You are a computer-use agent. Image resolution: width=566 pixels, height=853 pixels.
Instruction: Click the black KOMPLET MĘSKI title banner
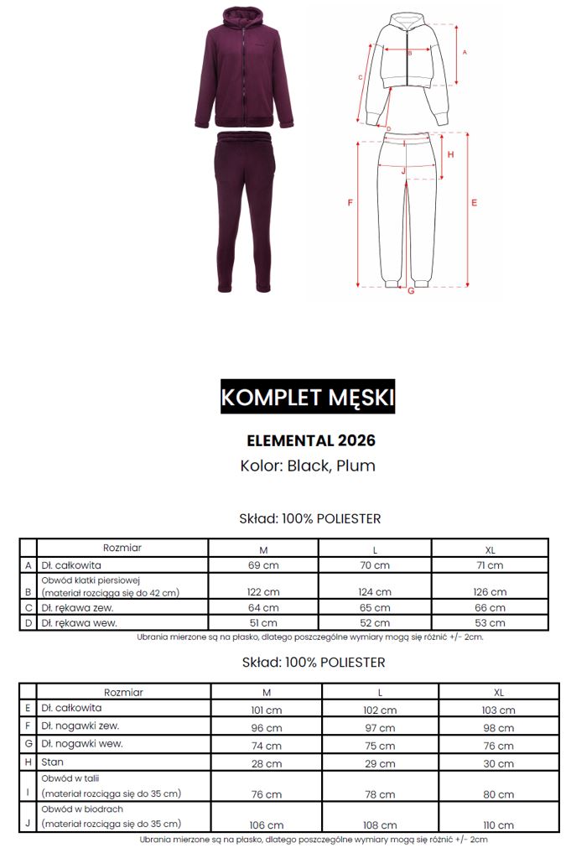(x=307, y=396)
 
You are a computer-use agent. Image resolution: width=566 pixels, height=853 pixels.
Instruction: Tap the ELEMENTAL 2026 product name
(x=311, y=440)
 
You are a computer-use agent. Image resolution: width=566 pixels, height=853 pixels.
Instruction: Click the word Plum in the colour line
(x=356, y=466)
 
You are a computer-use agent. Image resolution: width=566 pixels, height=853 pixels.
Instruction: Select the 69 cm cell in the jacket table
(x=263, y=565)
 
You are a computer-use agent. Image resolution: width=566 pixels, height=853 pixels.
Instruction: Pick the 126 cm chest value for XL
(x=490, y=592)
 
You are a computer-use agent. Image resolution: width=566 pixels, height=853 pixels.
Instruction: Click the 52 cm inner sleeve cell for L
(x=376, y=623)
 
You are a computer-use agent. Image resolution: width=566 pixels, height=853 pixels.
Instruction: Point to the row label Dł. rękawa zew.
(x=77, y=607)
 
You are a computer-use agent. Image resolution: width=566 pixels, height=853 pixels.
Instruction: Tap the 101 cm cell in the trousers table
(x=267, y=709)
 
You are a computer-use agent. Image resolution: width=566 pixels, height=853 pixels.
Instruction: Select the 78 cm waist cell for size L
(x=379, y=793)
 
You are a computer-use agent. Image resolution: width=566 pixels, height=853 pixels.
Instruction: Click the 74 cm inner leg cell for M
(x=267, y=746)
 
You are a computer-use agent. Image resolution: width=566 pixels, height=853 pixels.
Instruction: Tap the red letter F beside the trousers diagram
(x=350, y=203)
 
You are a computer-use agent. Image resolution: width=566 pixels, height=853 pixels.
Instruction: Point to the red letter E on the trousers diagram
(x=474, y=203)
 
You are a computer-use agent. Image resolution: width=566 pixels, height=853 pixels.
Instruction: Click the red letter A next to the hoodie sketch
(x=465, y=51)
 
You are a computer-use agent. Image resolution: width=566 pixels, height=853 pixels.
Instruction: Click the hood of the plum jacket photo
(x=242, y=21)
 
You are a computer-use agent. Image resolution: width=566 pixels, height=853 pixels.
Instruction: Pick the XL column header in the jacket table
(x=490, y=549)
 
